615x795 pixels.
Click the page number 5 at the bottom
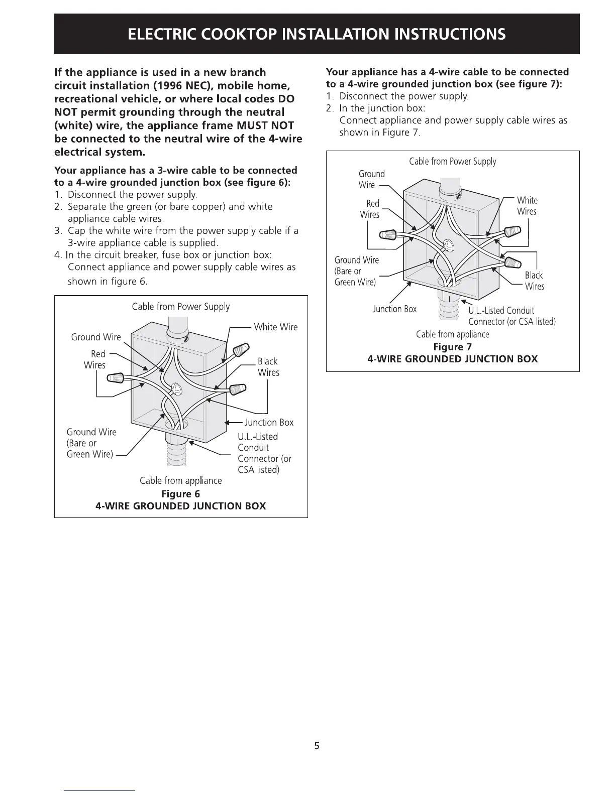pos(317,745)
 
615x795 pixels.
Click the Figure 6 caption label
pos(180,494)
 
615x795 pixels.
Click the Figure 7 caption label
pos(452,347)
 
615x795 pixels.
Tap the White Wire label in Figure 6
pos(275,327)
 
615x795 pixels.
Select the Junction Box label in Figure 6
pos(269,423)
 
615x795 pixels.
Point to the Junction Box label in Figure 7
pos(394,309)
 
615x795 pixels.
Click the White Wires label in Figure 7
pos(527,206)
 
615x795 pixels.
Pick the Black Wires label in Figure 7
pos(534,281)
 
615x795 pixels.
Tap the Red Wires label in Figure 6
pos(95,359)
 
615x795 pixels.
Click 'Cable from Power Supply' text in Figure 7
pos(452,162)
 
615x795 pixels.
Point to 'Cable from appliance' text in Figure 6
pos(180,480)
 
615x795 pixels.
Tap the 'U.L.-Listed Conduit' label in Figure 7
pos(501,310)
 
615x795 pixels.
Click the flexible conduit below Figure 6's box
pos(175,454)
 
